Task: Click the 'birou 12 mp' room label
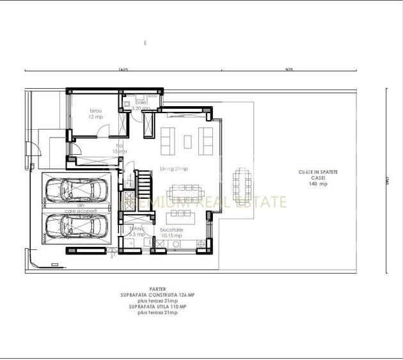pos(96,114)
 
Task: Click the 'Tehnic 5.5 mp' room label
pos(136,231)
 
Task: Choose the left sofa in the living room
pos(168,140)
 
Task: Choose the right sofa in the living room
pos(206,140)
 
